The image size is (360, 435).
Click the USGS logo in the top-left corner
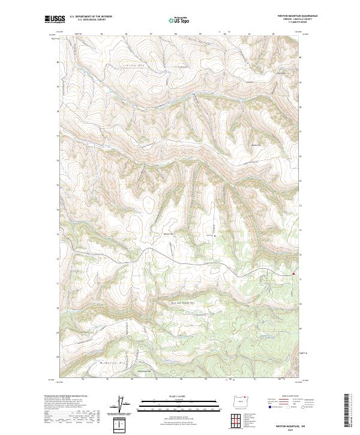pyautogui.click(x=54, y=19)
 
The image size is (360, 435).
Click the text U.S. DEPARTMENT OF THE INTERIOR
pyautogui.click(x=91, y=16)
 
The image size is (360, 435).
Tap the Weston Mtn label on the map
pyautogui.click(x=167, y=234)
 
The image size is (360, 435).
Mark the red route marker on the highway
pyautogui.click(x=293, y=274)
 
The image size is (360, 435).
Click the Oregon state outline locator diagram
pyautogui.click(x=241, y=401)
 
